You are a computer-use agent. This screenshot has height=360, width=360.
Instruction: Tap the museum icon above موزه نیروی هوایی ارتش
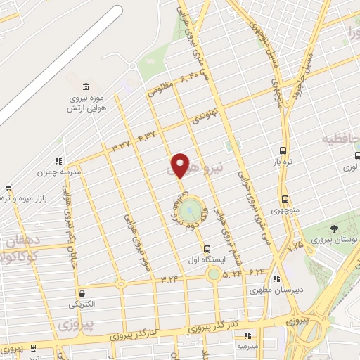pyautogui.click(x=86, y=86)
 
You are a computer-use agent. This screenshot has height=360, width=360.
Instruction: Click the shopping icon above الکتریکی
pyautogui.click(x=84, y=293)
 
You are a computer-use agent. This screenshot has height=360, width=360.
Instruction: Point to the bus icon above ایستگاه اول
pyautogui.click(x=207, y=249)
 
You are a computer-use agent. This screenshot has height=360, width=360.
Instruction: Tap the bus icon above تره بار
pyautogui.click(x=283, y=150)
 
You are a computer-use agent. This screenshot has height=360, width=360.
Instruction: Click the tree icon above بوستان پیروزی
pyautogui.click(x=334, y=230)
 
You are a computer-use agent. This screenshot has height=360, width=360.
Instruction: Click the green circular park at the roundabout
pyautogui.click(x=190, y=209)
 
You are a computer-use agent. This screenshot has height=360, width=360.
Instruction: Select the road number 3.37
pyautogui.click(x=121, y=146)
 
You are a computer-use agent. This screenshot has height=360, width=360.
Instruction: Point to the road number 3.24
pyautogui.click(x=169, y=280)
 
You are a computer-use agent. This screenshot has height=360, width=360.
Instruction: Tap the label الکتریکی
pyautogui.click(x=84, y=305)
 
